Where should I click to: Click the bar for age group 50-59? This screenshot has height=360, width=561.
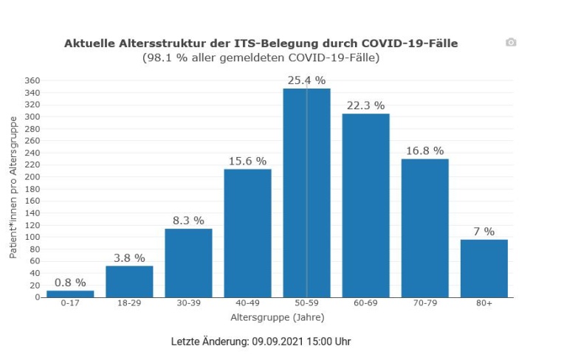click(x=306, y=193)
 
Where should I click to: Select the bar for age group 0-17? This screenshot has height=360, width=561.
click(x=70, y=294)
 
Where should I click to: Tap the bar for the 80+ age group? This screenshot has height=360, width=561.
click(x=483, y=269)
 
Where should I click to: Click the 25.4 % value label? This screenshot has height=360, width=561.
click(x=306, y=80)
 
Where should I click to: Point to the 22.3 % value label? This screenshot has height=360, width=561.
click(x=365, y=105)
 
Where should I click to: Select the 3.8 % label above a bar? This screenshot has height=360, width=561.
click(x=129, y=258)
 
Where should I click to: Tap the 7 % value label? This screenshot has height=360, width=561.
click(x=483, y=232)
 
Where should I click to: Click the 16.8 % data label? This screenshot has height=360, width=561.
click(x=424, y=151)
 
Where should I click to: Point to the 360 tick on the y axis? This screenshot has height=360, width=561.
click(x=32, y=80)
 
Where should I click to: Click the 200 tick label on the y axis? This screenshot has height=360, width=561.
click(x=32, y=177)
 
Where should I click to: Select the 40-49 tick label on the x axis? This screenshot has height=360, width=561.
click(x=247, y=305)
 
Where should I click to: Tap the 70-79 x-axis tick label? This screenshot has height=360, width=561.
click(x=424, y=305)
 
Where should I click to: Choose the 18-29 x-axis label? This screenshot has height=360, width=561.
click(x=129, y=305)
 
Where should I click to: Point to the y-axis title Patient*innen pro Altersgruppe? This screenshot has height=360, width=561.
click(x=13, y=187)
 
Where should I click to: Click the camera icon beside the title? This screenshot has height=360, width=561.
click(x=511, y=43)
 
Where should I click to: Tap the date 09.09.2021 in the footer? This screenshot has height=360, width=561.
click(x=278, y=342)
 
